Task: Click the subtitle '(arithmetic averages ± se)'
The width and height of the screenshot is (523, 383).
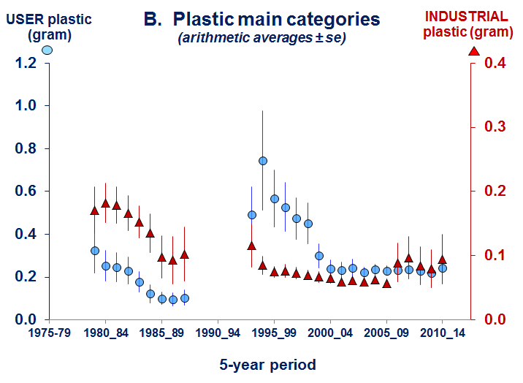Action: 261,38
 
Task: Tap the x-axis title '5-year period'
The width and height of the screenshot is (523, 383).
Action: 267,363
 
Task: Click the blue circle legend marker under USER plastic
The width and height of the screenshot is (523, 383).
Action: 47,50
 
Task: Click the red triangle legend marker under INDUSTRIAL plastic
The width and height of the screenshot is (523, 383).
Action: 473,50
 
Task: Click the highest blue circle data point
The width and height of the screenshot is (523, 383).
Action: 263,161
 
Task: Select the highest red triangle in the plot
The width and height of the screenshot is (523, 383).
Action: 105,203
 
